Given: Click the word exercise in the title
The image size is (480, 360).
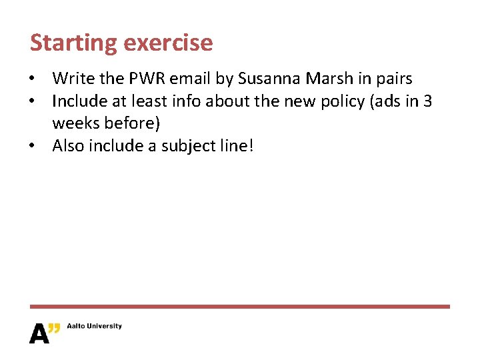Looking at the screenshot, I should [167, 43].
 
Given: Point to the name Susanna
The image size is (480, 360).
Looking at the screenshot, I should [269, 79].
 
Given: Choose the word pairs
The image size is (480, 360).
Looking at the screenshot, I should [393, 79].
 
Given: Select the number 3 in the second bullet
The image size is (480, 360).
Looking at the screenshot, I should [427, 101].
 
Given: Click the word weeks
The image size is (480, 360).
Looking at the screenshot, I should [75, 123].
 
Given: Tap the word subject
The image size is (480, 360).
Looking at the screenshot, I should [185, 145].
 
